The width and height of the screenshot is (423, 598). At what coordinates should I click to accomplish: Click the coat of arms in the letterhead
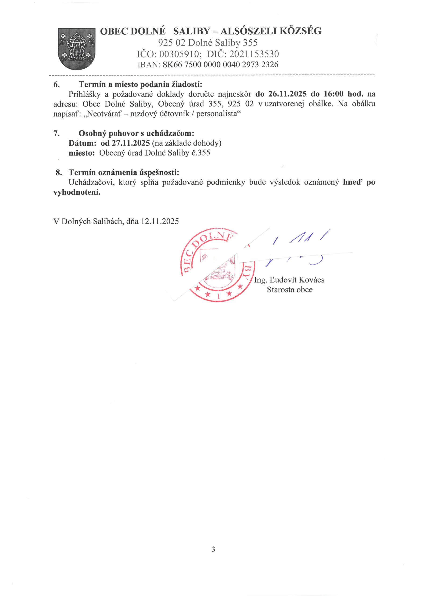tap(76, 49)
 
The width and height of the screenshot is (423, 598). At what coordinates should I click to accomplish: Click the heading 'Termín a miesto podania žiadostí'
tap(140, 84)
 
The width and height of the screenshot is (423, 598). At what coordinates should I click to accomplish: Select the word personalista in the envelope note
tap(216, 114)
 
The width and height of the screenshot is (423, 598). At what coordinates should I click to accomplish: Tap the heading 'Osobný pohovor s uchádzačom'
tap(136, 133)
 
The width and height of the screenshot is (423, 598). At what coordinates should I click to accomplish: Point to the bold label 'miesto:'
tap(82, 153)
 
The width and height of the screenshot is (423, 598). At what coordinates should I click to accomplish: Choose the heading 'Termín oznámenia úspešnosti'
tap(124, 172)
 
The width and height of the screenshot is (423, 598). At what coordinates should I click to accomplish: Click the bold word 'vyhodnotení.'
tap(77, 192)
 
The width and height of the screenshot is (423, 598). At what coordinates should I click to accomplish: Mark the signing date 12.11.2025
tap(160, 221)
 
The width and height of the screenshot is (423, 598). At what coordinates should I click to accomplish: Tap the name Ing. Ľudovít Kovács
tap(289, 280)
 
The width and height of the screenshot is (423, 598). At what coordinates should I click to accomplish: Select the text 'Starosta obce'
tap(290, 290)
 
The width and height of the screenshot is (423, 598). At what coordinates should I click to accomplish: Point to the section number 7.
tap(56, 133)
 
